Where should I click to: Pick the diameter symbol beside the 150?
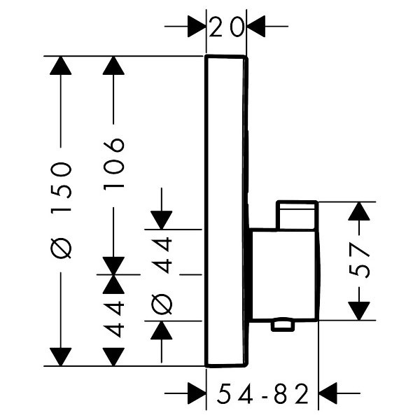(x=62, y=248)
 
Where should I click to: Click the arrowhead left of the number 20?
(x=196, y=27)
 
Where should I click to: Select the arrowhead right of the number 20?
(x=257, y=27)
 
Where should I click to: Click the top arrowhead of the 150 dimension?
(x=62, y=66)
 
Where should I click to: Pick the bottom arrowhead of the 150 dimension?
(x=62, y=356)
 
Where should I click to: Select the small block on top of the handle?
(x=297, y=215)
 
